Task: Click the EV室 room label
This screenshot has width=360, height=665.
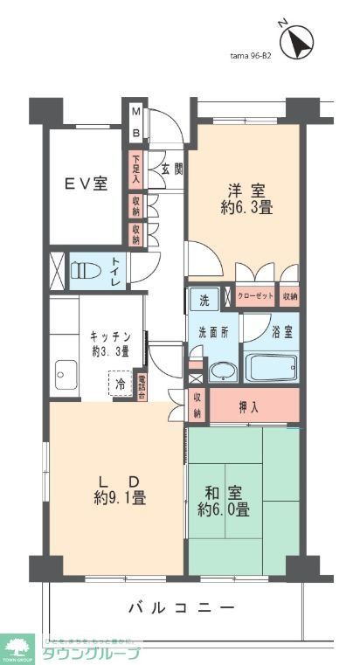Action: [x=86, y=184]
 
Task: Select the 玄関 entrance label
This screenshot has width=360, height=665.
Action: [x=171, y=169]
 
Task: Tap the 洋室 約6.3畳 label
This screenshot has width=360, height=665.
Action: [x=247, y=199]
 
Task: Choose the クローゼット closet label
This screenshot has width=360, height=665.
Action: [x=256, y=297]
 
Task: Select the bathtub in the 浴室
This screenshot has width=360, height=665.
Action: [x=272, y=366]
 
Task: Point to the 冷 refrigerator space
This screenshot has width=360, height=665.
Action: [x=120, y=383]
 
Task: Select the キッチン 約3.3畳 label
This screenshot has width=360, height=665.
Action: [x=110, y=343]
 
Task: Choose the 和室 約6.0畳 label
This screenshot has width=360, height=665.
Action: [x=224, y=501]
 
